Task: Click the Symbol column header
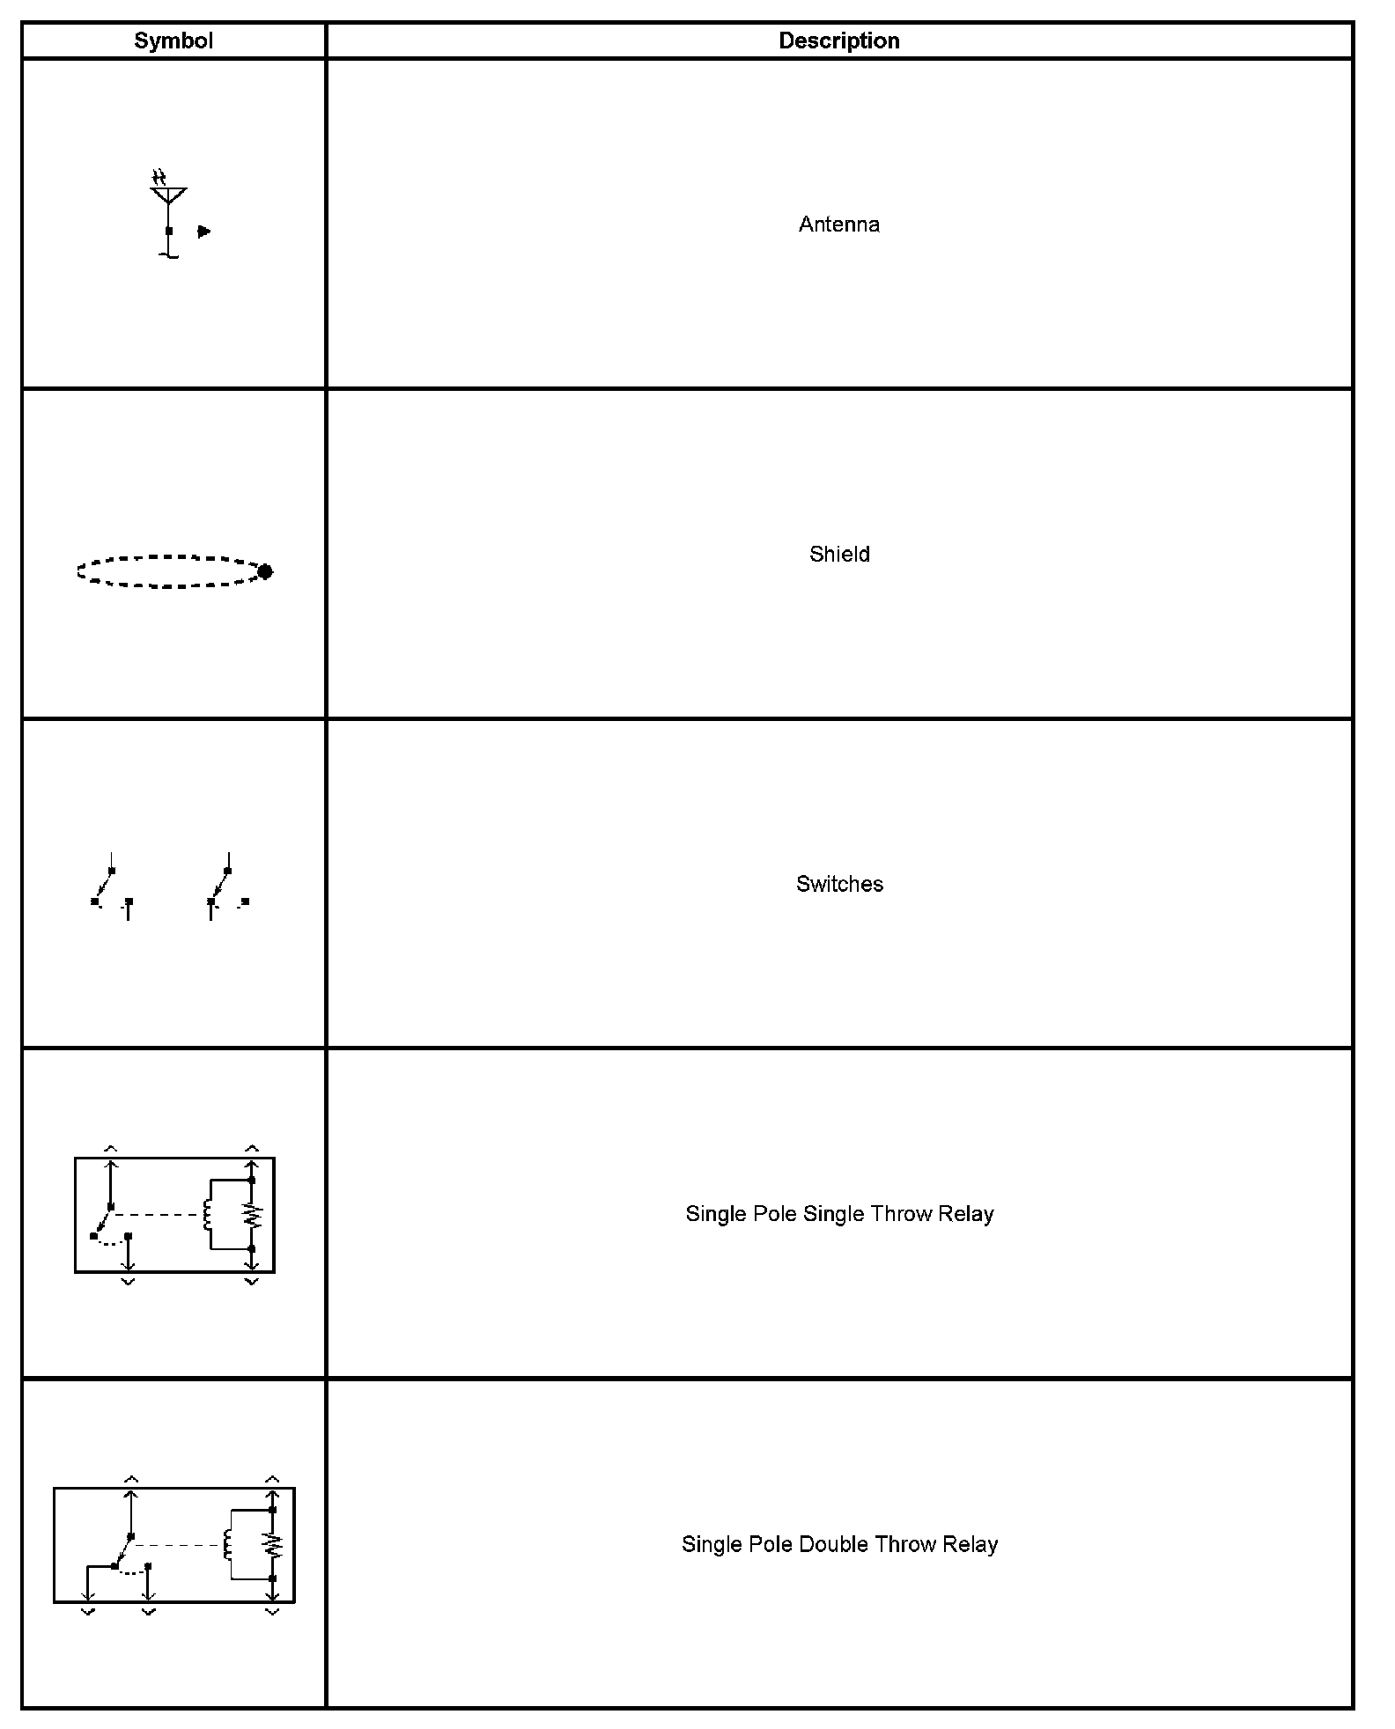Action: click(173, 41)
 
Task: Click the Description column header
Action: click(838, 41)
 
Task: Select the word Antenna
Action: click(838, 224)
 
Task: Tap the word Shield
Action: click(839, 555)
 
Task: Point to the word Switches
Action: click(839, 884)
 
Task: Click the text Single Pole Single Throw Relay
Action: click(839, 1214)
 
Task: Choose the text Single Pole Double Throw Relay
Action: click(839, 1544)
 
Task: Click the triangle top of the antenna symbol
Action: click(168, 194)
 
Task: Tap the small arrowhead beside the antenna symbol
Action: click(204, 232)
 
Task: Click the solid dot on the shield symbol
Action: click(265, 572)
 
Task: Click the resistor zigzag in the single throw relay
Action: click(252, 1215)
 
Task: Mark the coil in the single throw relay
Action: click(208, 1215)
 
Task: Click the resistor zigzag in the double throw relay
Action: click(273, 1544)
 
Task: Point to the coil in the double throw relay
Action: click(228, 1544)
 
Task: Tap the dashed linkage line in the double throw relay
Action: click(176, 1545)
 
